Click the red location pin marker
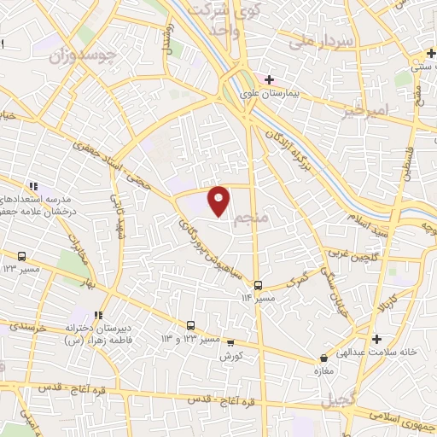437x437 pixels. (x=219, y=200)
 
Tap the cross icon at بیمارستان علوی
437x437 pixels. (x=270, y=80)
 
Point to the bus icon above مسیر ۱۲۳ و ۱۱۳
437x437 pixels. (x=190, y=324)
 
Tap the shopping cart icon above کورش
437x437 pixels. (x=230, y=342)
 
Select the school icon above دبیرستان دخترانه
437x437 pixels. (x=100, y=313)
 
